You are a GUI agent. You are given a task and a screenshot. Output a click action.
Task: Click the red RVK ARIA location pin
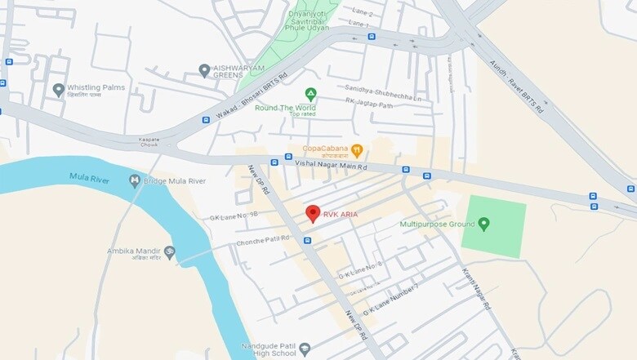312,214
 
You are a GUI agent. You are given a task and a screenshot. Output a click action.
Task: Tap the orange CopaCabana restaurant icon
356,149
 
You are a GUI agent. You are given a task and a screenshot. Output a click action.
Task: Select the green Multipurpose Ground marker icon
483,223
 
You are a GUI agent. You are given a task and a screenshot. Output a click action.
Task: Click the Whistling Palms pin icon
58,90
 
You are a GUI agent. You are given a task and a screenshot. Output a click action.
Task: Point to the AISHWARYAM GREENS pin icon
204,71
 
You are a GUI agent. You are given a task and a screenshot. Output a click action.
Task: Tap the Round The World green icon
310,94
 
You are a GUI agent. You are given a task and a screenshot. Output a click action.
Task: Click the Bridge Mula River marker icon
135,180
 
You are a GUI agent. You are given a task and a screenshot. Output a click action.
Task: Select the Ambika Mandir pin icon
169,251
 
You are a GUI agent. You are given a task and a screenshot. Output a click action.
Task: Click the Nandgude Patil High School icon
305,349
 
